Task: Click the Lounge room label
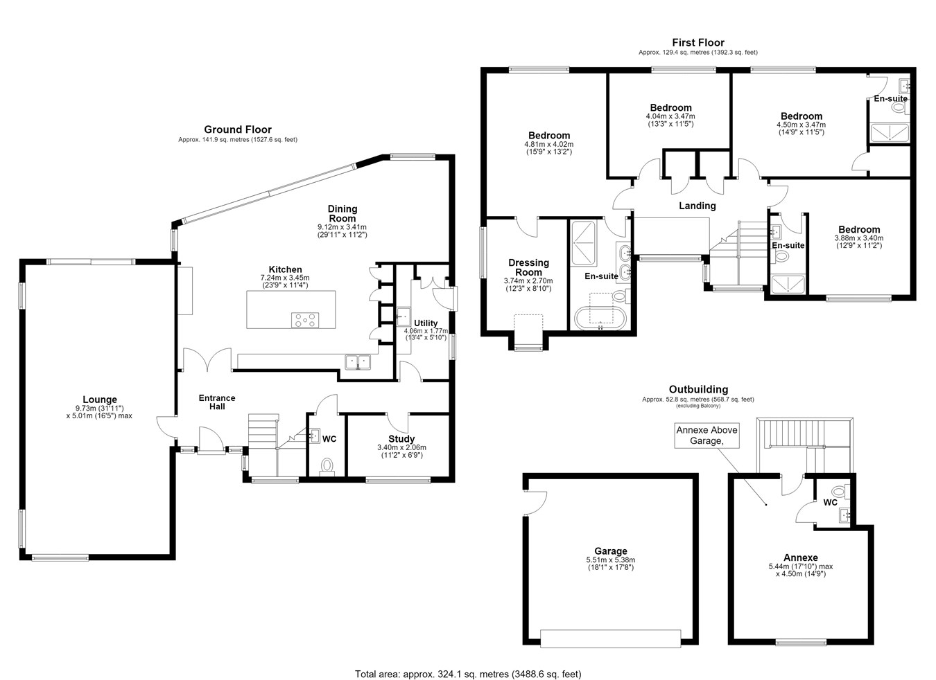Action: coord(99,400)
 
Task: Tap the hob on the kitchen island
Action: coord(305,320)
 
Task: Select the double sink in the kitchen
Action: coord(358,361)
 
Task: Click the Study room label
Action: coord(401,439)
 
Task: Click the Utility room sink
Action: coord(404,316)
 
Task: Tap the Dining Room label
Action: coord(343,213)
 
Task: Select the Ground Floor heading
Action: coord(238,129)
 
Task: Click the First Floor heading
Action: coord(698,42)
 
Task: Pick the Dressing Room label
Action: coord(528,267)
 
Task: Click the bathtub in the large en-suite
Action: coord(600,319)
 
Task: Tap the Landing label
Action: coord(697,206)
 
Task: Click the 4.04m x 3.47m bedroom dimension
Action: coord(670,116)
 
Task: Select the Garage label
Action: coord(611,551)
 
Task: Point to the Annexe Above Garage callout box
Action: coord(707,436)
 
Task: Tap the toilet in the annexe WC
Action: coord(840,492)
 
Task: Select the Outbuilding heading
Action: coord(698,389)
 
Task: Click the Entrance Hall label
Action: coord(217,402)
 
